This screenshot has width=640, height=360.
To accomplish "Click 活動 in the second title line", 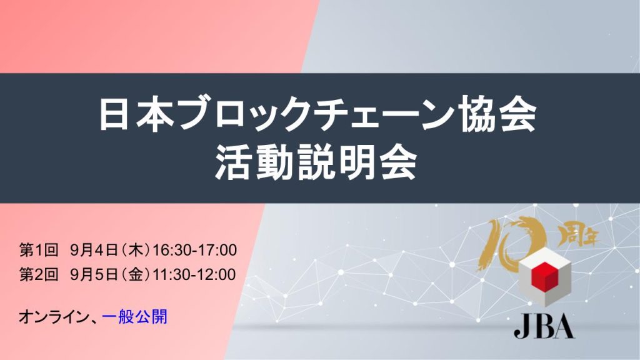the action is (x=255, y=164).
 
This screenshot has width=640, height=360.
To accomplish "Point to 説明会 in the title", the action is (x=356, y=164).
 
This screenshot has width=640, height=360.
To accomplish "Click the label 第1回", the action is (x=39, y=250).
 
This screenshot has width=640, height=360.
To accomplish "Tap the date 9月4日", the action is (x=94, y=250).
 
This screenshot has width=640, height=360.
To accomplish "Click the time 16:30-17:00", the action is (x=194, y=250).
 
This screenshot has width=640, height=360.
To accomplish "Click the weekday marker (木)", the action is (x=136, y=250).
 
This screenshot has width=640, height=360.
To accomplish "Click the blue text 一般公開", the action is (x=135, y=317).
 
